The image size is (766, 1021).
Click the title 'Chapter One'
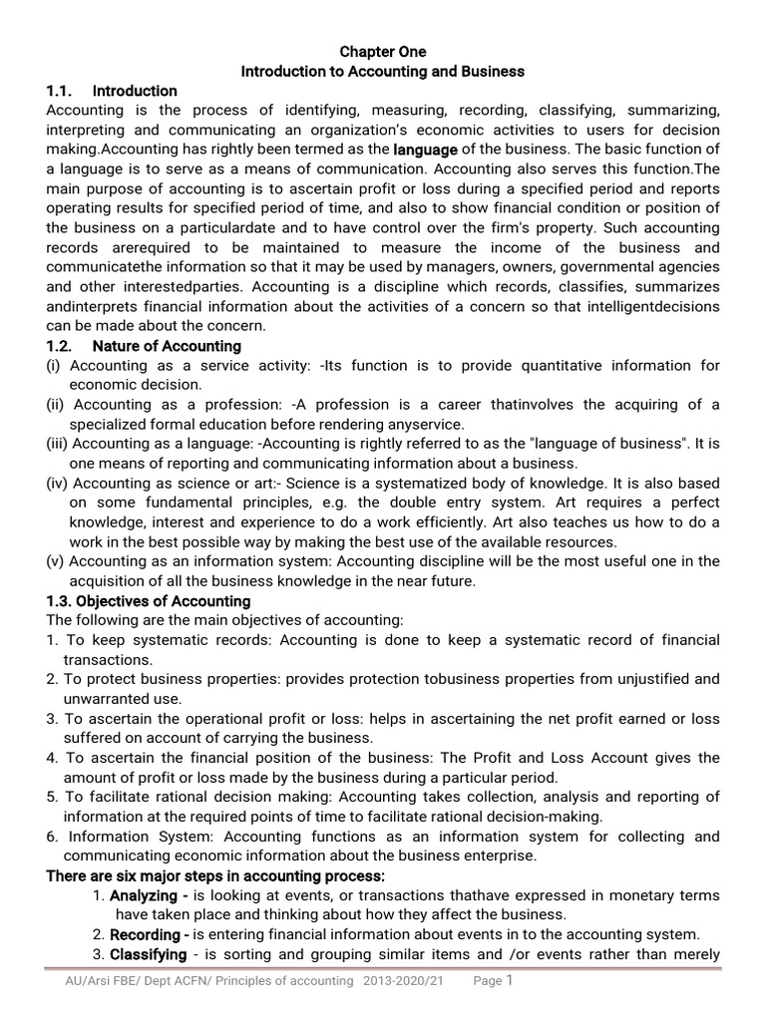pos(383,51)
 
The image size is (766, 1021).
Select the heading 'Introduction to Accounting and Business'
pos(383,72)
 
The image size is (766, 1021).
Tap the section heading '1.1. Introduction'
pos(112,91)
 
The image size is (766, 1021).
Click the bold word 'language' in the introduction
pos(426,150)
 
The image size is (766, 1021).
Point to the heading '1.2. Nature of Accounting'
pos(144,346)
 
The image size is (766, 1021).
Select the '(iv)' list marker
pos(58,484)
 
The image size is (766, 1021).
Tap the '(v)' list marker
pos(56,561)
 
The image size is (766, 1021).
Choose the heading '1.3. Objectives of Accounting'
pos(149,601)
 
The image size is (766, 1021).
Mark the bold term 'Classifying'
pos(148,954)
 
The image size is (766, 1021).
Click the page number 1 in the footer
pos(510,980)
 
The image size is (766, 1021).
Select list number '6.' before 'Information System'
pos(53,837)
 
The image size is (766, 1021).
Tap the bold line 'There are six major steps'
pos(215,875)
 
